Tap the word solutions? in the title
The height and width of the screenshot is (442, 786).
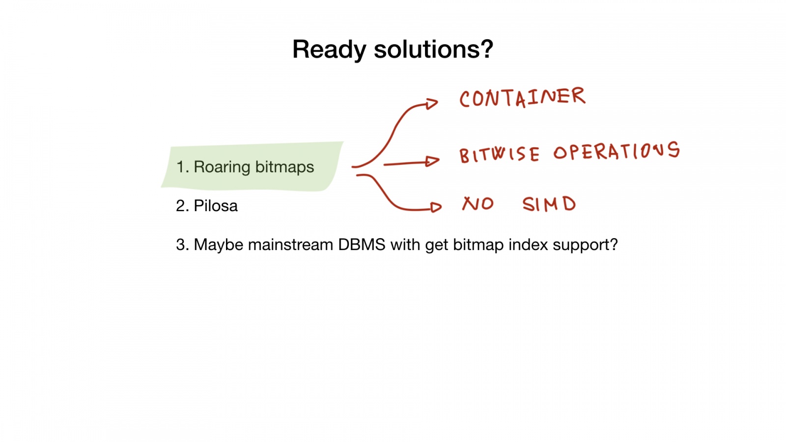click(x=433, y=50)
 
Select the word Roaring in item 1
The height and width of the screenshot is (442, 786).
click(x=222, y=167)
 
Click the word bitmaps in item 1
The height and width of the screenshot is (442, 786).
click(x=284, y=167)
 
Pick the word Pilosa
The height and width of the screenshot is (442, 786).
click(x=216, y=206)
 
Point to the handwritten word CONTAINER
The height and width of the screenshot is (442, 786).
click(x=522, y=97)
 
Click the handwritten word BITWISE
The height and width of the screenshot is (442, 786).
click(x=499, y=155)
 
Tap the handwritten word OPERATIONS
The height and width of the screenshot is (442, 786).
click(x=617, y=151)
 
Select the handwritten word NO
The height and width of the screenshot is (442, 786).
click(x=477, y=203)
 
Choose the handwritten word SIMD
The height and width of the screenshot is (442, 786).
click(x=549, y=204)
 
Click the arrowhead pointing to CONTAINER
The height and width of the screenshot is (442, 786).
click(x=432, y=104)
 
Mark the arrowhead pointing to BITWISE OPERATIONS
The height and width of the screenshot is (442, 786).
click(x=433, y=161)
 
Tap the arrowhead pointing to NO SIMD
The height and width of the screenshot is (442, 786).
click(x=435, y=207)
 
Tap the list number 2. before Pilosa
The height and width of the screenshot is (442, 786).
click(x=182, y=206)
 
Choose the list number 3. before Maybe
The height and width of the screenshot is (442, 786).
click(x=182, y=245)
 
